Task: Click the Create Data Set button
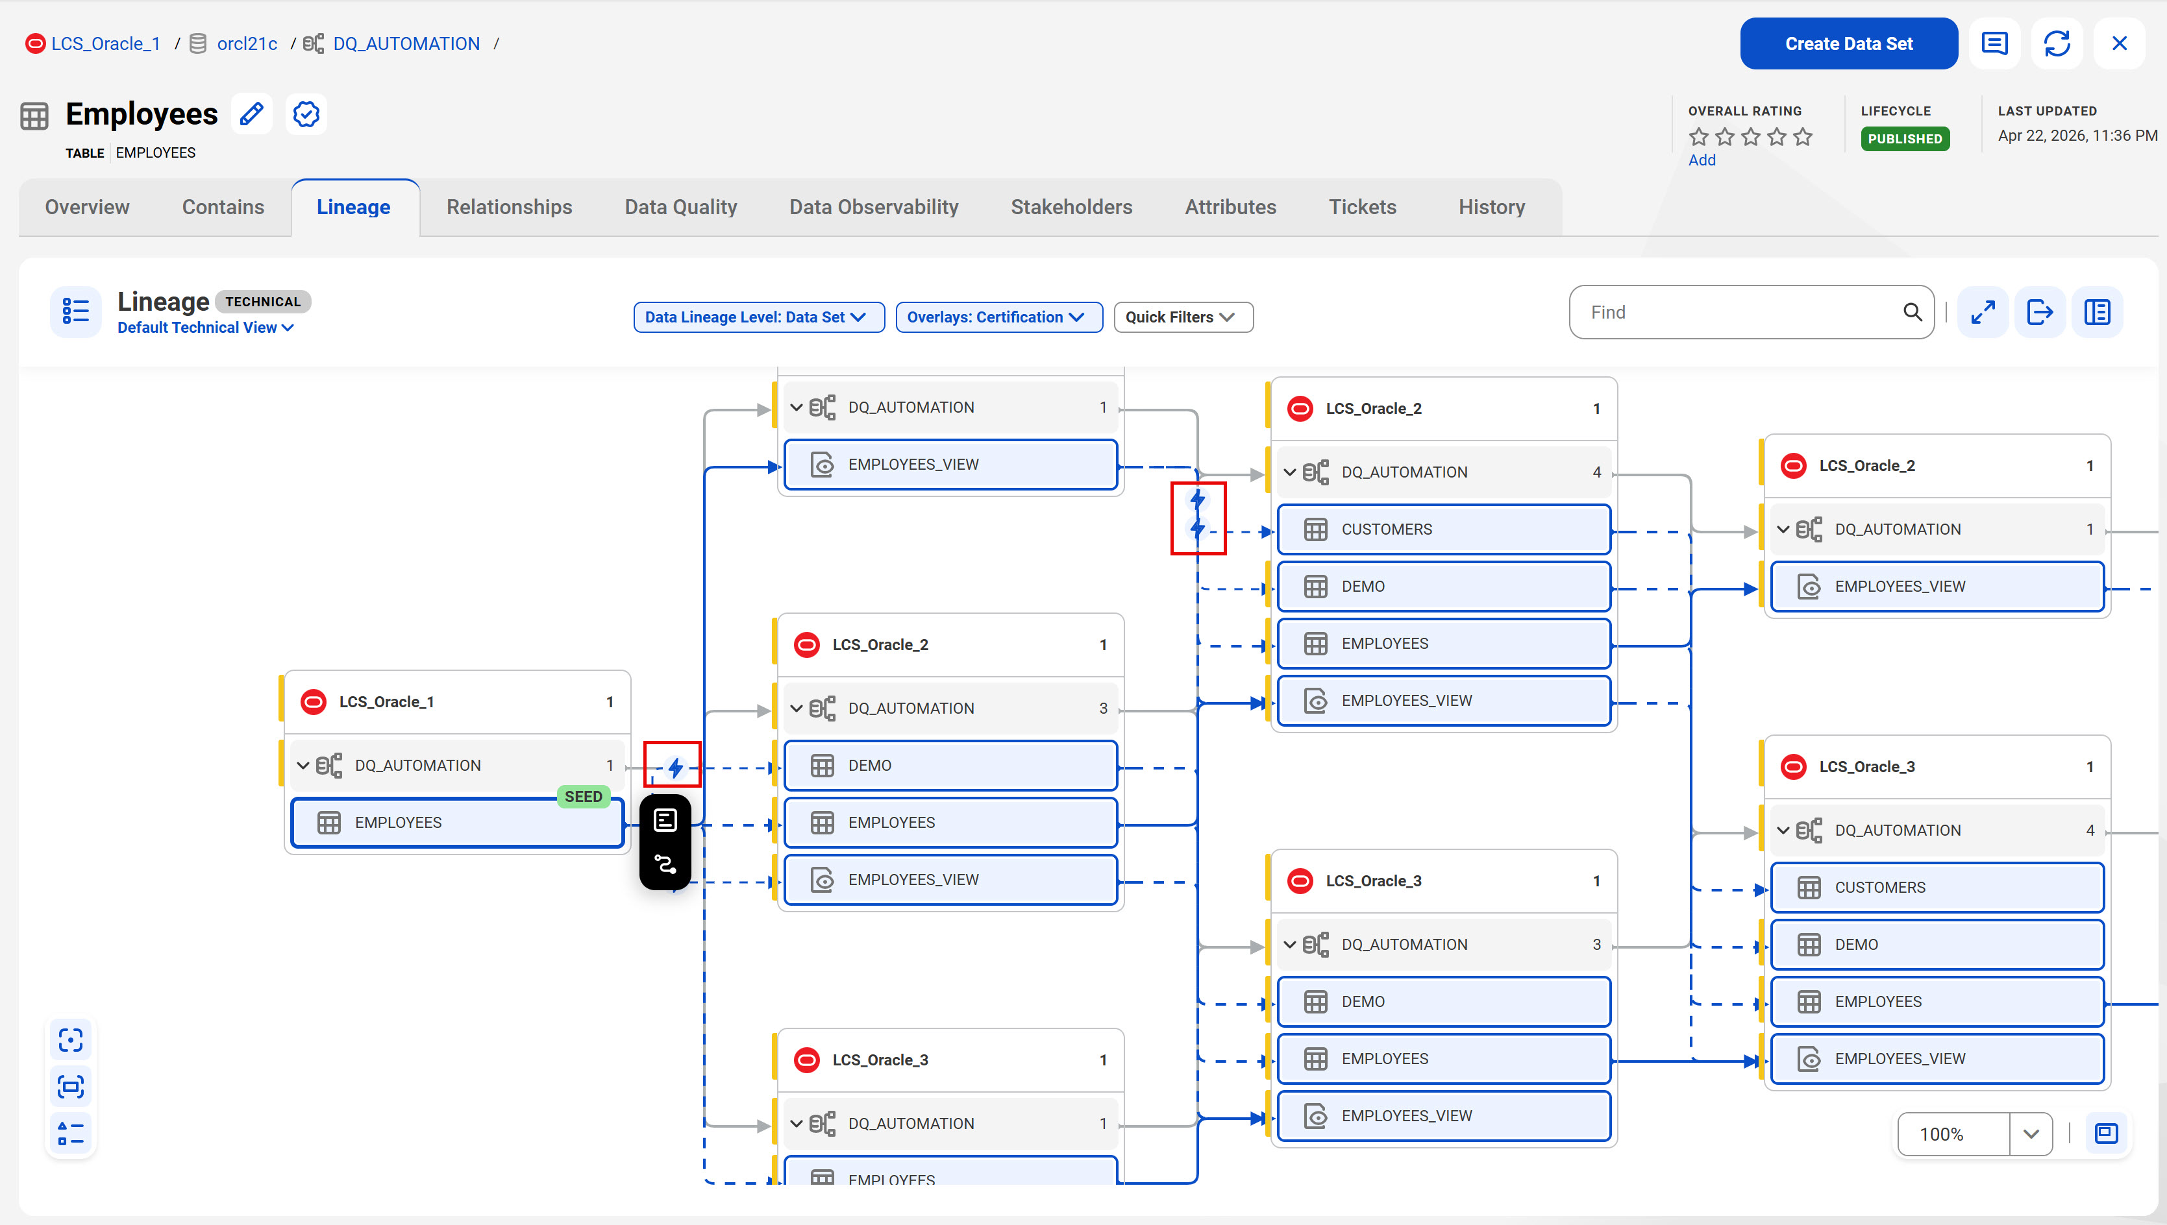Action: pyautogui.click(x=1848, y=43)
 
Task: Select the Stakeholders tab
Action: pyautogui.click(x=1071, y=207)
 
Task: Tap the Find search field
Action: pyautogui.click(x=1742, y=312)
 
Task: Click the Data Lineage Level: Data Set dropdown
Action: pyautogui.click(x=758, y=317)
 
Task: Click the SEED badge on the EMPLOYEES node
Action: pyautogui.click(x=583, y=797)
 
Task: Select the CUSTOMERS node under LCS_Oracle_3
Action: pyautogui.click(x=1937, y=888)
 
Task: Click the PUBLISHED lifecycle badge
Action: pyautogui.click(x=1905, y=139)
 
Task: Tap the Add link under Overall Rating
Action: pyautogui.click(x=1702, y=160)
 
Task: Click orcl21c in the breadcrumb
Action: pyautogui.click(x=247, y=43)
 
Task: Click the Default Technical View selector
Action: pyautogui.click(x=205, y=327)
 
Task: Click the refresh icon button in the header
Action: pyautogui.click(x=2056, y=43)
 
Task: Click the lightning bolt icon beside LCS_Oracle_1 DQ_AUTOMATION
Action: pyautogui.click(x=675, y=768)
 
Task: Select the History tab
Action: pyautogui.click(x=1491, y=207)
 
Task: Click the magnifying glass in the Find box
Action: pyautogui.click(x=1912, y=312)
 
